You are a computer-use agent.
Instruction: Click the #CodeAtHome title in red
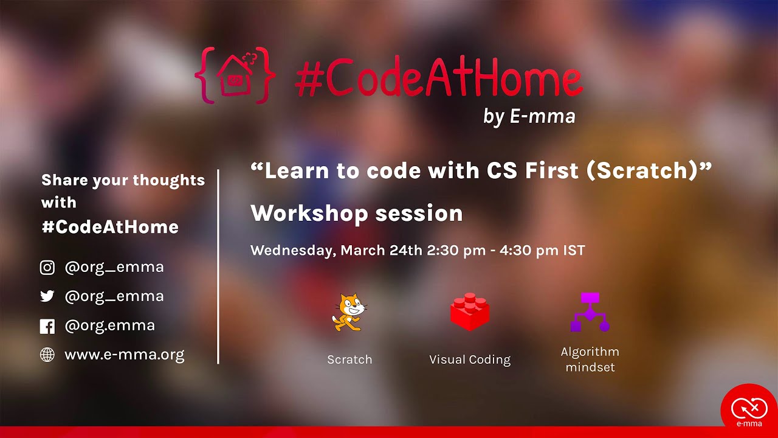tap(438, 80)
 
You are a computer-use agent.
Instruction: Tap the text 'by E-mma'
tap(529, 116)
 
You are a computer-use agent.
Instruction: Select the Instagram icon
tap(47, 268)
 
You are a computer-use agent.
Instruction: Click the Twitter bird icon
tap(47, 297)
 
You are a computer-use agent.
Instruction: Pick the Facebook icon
tap(47, 326)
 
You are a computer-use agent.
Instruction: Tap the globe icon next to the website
tap(47, 355)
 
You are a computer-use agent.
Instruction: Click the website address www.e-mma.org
tap(124, 355)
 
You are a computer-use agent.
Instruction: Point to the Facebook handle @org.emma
tap(109, 325)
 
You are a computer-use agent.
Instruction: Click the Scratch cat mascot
tap(349, 312)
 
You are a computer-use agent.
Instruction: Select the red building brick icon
tap(469, 311)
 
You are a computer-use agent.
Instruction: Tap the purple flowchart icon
tap(590, 311)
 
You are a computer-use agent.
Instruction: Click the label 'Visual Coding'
tap(470, 360)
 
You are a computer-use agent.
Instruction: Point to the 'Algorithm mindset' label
tap(590, 360)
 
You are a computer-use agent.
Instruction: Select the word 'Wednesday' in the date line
tap(291, 251)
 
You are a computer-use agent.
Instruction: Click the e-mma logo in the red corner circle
tap(749, 409)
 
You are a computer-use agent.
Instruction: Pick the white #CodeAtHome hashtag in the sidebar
tap(110, 227)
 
